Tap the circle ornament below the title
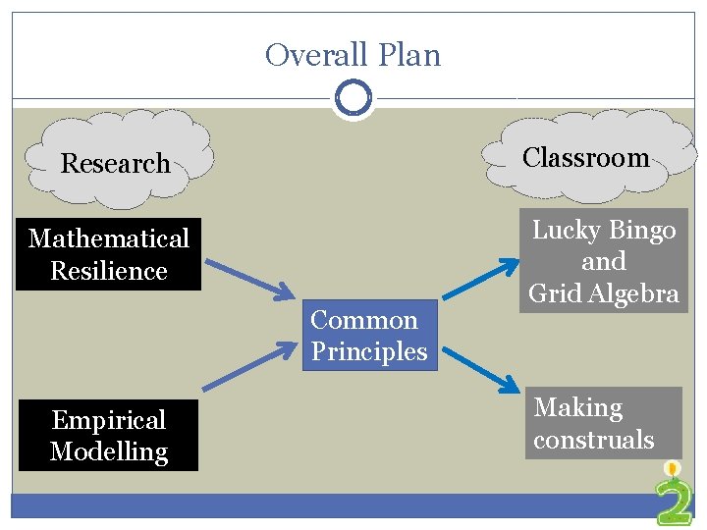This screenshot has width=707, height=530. pos(353,98)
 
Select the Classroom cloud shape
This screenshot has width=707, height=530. pos(586,157)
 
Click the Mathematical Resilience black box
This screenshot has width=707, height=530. pos(108,254)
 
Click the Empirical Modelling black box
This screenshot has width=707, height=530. pos(108,436)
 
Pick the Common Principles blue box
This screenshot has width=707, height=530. pos(368,336)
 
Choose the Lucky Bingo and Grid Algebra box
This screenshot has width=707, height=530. pos(604,261)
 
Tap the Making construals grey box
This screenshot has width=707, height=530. pos(602,423)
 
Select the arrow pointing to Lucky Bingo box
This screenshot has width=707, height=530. pos(481,278)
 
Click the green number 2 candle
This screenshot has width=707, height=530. pos(674,496)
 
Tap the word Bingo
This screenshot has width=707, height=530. pos(641,231)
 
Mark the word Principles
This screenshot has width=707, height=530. pos(369,351)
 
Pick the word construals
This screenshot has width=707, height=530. pos(593,439)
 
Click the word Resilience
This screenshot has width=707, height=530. pos(108,271)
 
